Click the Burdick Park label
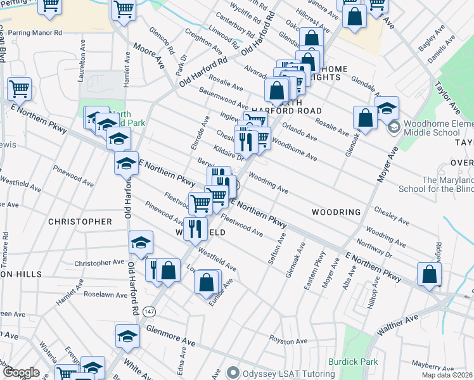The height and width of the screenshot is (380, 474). point(353,362)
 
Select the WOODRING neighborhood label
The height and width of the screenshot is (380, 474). point(336,212)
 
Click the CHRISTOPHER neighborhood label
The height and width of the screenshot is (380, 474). point(80,222)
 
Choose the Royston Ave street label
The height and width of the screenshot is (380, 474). point(288,339)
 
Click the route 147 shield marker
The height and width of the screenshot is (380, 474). point(149,311)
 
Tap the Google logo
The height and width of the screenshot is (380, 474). point(20,372)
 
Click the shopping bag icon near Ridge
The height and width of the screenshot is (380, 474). point(429,274)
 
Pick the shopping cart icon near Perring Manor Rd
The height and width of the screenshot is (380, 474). point(49,6)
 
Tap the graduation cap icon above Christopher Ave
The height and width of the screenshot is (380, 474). point(141,243)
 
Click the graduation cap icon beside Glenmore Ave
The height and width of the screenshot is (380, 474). point(127,336)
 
